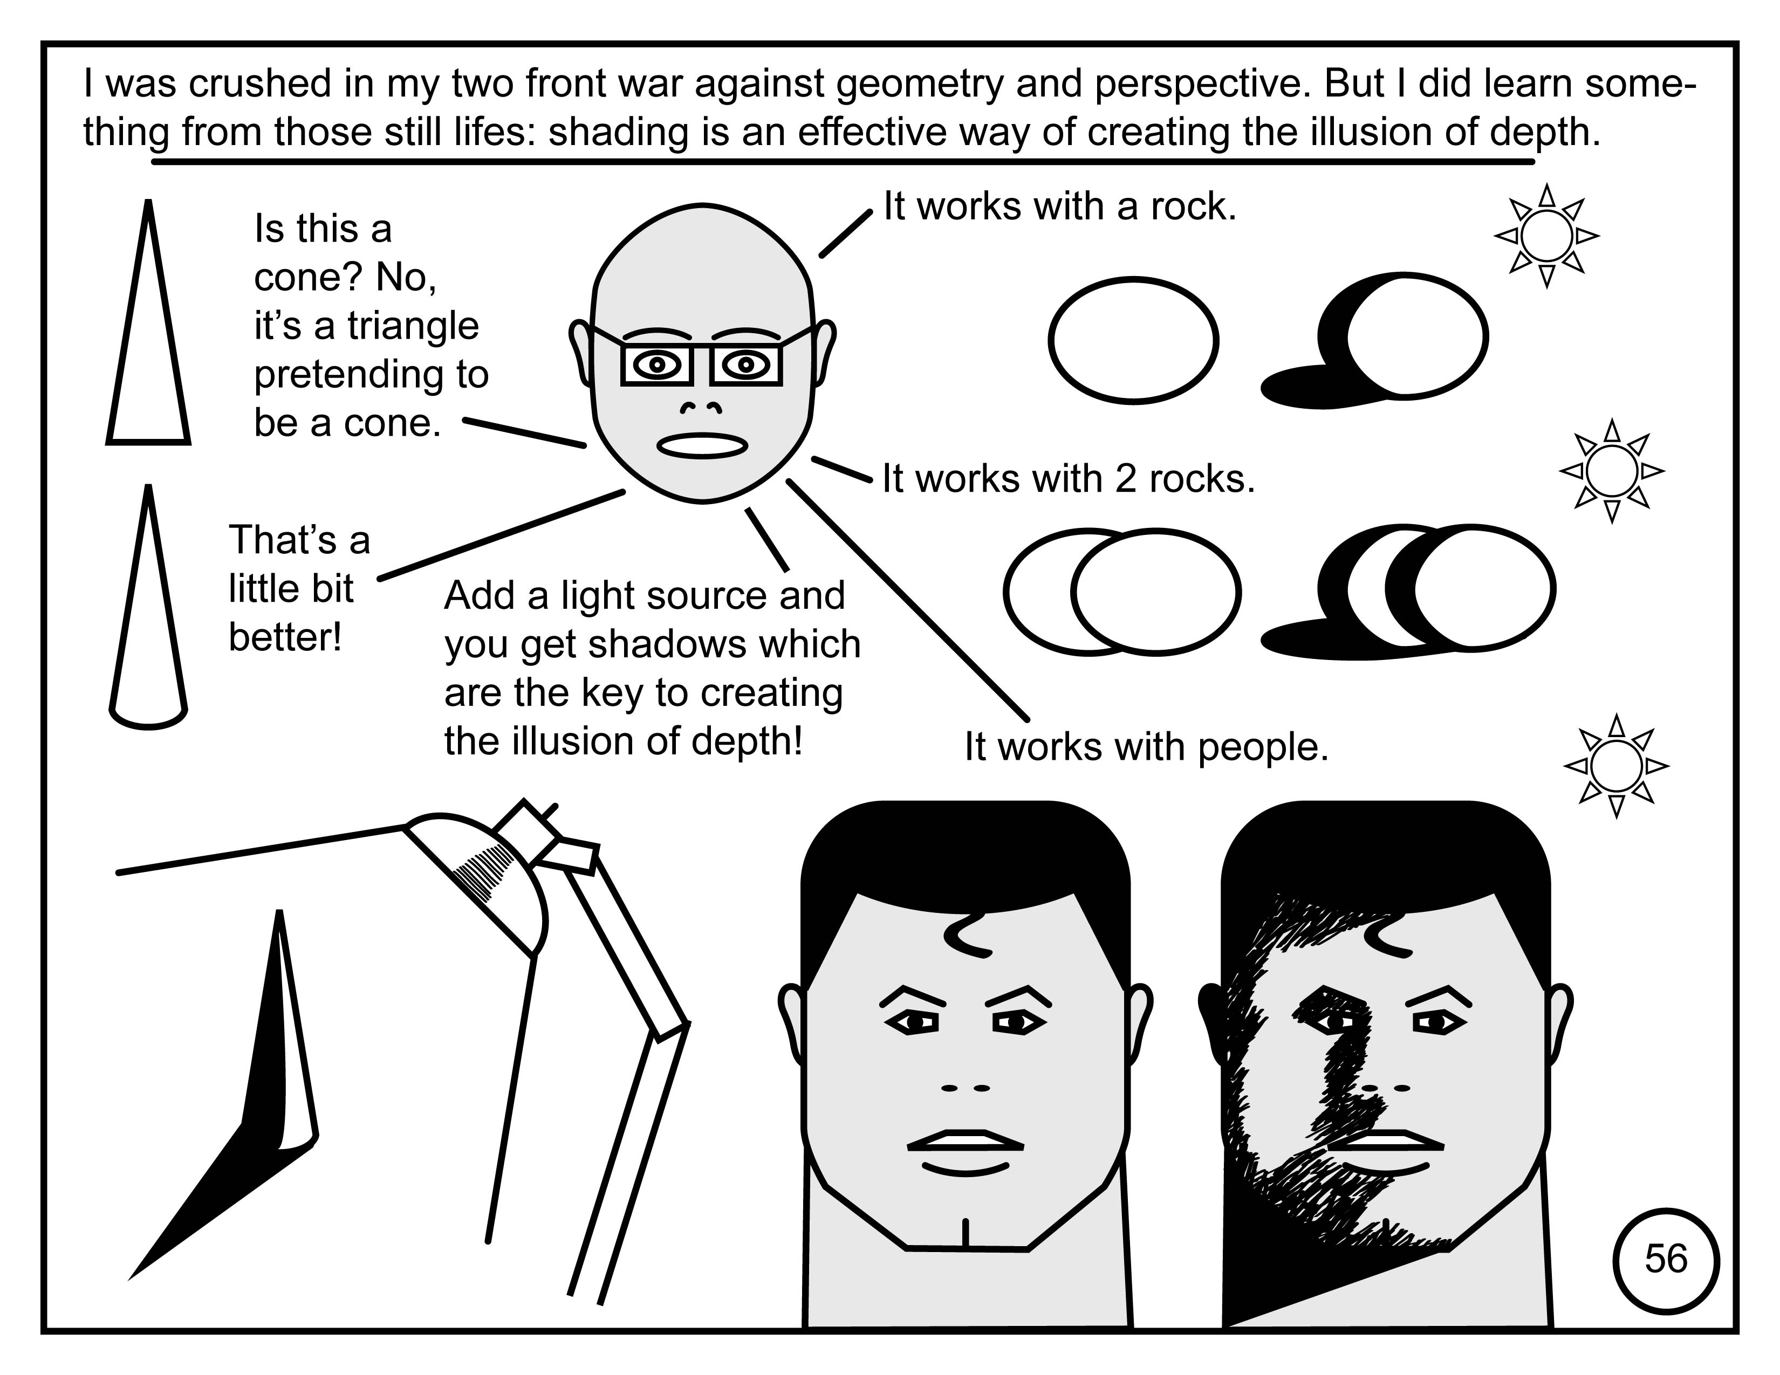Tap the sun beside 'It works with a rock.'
click(x=1546, y=236)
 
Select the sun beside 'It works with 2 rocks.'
click(x=1611, y=471)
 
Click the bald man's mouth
click(x=702, y=445)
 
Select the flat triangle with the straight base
click(x=148, y=322)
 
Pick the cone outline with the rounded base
click(x=148, y=607)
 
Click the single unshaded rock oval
click(x=1133, y=340)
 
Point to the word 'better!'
click(x=284, y=637)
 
